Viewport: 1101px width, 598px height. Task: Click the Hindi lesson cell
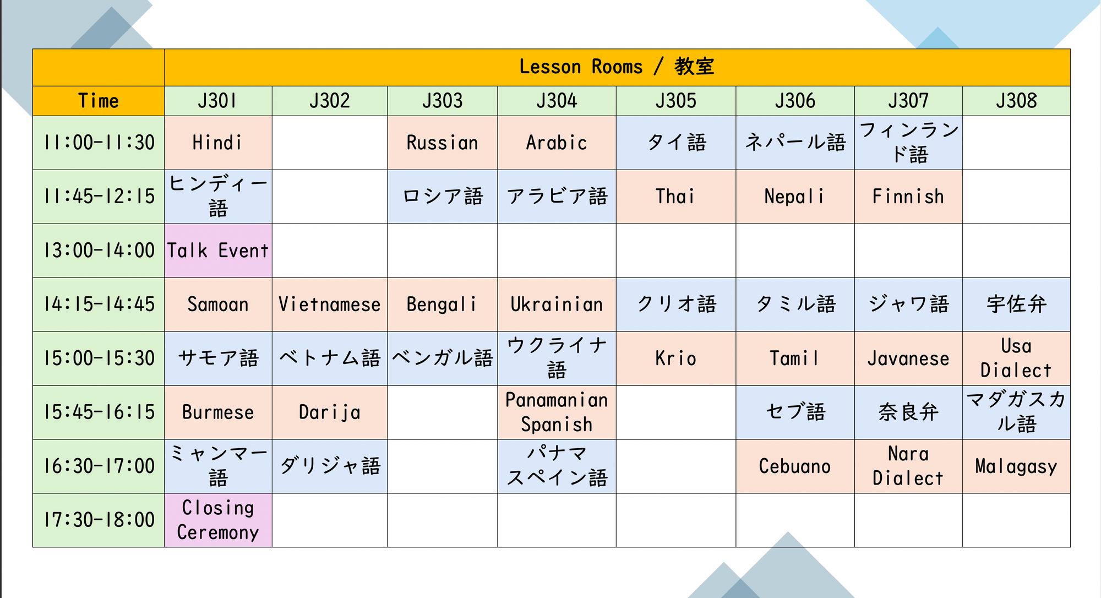[x=218, y=143]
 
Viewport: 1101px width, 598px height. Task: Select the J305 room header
[x=676, y=101]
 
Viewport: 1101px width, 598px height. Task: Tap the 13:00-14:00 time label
[x=99, y=251]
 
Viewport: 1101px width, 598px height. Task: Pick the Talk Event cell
[x=218, y=251]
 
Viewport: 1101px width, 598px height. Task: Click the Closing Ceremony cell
[x=218, y=520]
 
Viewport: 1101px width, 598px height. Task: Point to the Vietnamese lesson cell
[x=330, y=305]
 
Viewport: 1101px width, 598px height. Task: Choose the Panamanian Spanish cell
[x=557, y=412]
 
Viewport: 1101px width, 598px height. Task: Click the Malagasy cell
[x=1016, y=466]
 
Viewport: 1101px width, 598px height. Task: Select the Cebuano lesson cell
[x=795, y=466]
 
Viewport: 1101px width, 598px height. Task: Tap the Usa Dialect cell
[x=1016, y=358]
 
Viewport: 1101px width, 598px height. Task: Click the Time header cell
[x=99, y=101]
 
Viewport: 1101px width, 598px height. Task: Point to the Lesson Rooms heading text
[x=581, y=67]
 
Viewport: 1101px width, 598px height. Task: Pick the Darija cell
[x=330, y=412]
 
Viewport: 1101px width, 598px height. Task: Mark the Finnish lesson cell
[x=908, y=197]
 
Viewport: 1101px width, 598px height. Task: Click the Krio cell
[x=676, y=358]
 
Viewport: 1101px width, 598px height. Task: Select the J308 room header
[x=1016, y=101]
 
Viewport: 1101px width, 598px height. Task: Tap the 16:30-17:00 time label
[x=99, y=466]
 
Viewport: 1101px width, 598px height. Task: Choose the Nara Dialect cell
[x=908, y=466]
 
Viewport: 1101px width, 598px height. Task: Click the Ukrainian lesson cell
[x=557, y=305]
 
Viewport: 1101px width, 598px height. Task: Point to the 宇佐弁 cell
[x=1016, y=305]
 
